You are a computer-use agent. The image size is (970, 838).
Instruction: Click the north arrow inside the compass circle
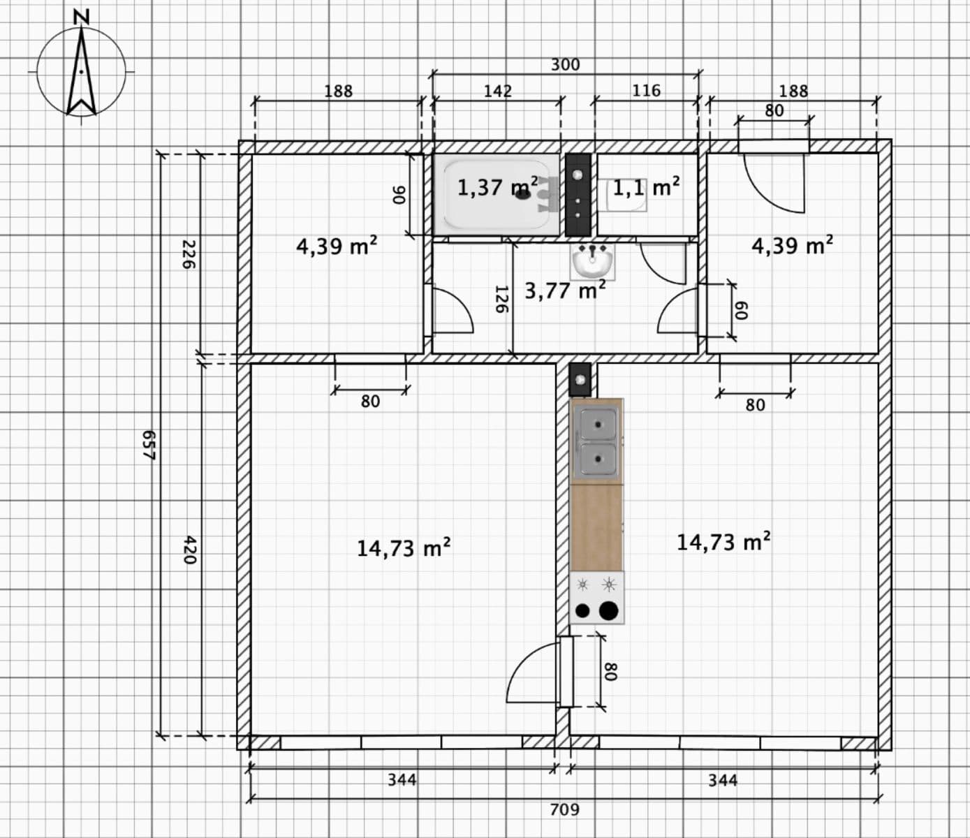coord(82,73)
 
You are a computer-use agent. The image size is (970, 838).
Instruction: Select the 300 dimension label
coord(565,65)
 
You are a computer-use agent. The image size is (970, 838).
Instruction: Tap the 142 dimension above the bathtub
coord(498,91)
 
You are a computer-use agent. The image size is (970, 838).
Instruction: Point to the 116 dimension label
coord(646,91)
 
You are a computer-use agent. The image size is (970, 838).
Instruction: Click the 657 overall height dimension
coord(148,445)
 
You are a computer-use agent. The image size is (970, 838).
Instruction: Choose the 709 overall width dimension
coord(564,809)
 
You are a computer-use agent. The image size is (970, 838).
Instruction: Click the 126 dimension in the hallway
coord(501,299)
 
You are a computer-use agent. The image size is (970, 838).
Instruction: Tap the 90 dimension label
coord(399,195)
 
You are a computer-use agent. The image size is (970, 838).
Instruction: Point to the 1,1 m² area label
coord(646,188)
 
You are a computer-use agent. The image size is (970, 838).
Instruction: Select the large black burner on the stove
coord(609,610)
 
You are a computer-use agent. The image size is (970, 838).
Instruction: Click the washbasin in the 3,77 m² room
coord(593,261)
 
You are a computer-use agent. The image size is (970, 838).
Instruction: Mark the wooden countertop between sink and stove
coord(597,527)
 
